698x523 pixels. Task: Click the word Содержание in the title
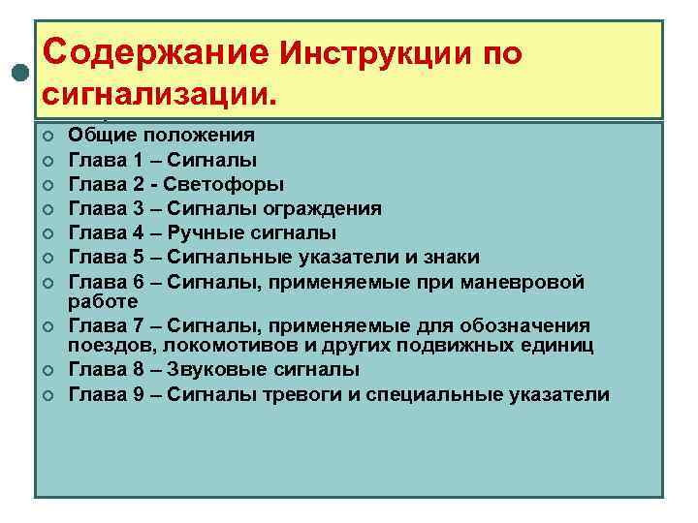click(x=156, y=52)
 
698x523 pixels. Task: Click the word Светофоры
click(x=230, y=184)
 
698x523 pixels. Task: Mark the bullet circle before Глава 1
click(x=47, y=161)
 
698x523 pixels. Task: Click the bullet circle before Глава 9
click(x=47, y=395)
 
